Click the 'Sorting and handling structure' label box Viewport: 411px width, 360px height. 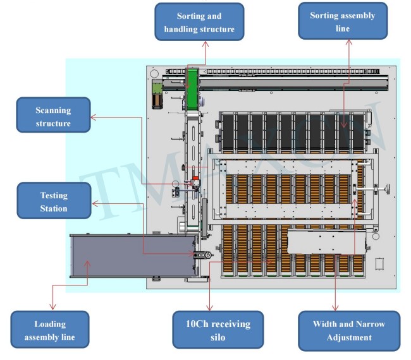tap(199, 22)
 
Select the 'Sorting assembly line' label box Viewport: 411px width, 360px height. tap(342, 22)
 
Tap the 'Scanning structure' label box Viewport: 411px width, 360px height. tap(53, 116)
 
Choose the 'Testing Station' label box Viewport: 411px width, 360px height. tap(53, 201)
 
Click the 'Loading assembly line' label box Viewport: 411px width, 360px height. tap(49, 330)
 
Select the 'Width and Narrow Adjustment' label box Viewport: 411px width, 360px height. tap(348, 330)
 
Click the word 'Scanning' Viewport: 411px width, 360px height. tap(53, 111)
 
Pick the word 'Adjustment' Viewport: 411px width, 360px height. tap(348, 337)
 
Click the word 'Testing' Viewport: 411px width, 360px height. tap(53, 195)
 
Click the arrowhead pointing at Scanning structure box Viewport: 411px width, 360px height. tap(93, 117)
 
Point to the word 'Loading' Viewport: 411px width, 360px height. tap(50, 324)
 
